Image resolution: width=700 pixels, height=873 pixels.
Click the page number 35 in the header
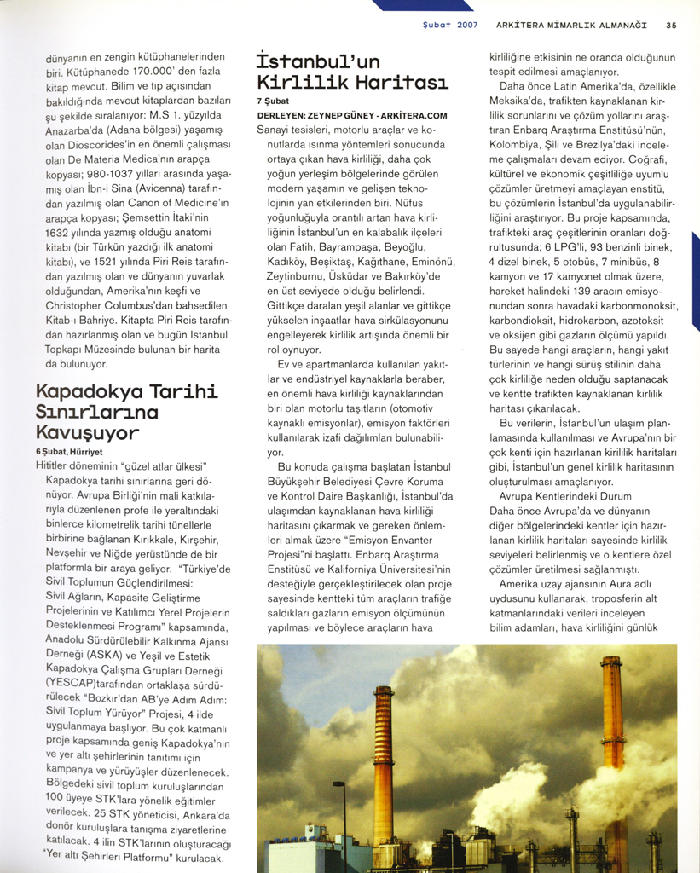(x=672, y=26)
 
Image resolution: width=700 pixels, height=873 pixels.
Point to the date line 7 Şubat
(x=273, y=101)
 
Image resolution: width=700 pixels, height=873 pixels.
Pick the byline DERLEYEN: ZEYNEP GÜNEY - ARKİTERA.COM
(x=352, y=115)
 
